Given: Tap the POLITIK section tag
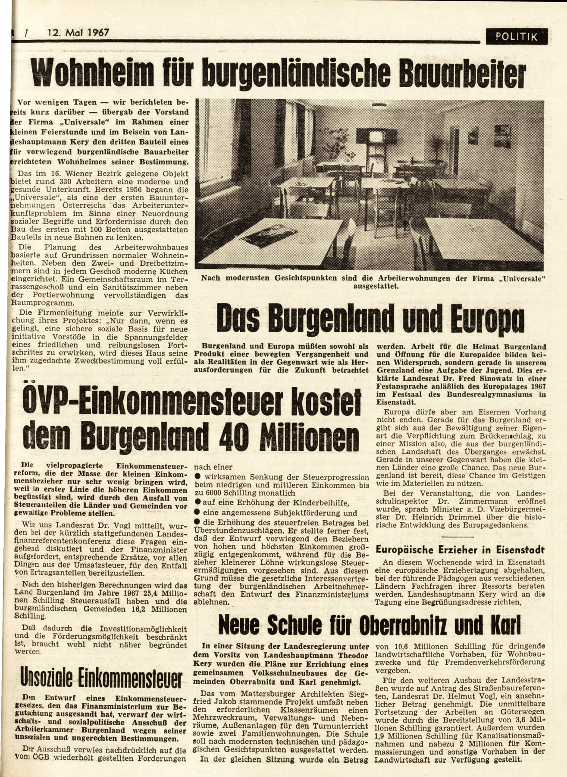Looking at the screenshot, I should click(x=517, y=37).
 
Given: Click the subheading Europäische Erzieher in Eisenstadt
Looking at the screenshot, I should click(x=460, y=550).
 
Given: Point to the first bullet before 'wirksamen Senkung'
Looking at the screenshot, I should click(x=197, y=477).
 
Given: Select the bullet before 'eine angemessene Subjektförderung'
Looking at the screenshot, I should click(x=197, y=513).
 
